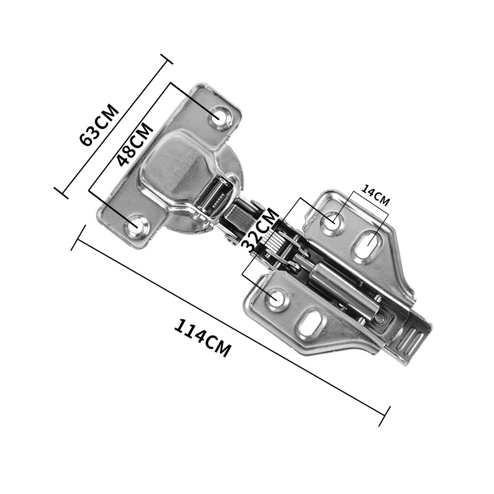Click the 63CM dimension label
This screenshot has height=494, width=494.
(x=99, y=125)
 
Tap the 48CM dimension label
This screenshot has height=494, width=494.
(x=135, y=144)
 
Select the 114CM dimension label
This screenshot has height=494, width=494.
(x=203, y=338)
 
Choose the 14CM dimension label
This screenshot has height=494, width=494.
(x=375, y=195)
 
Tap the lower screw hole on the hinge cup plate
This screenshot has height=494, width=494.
(x=136, y=225)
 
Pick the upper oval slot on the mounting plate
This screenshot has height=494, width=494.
(x=369, y=243)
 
